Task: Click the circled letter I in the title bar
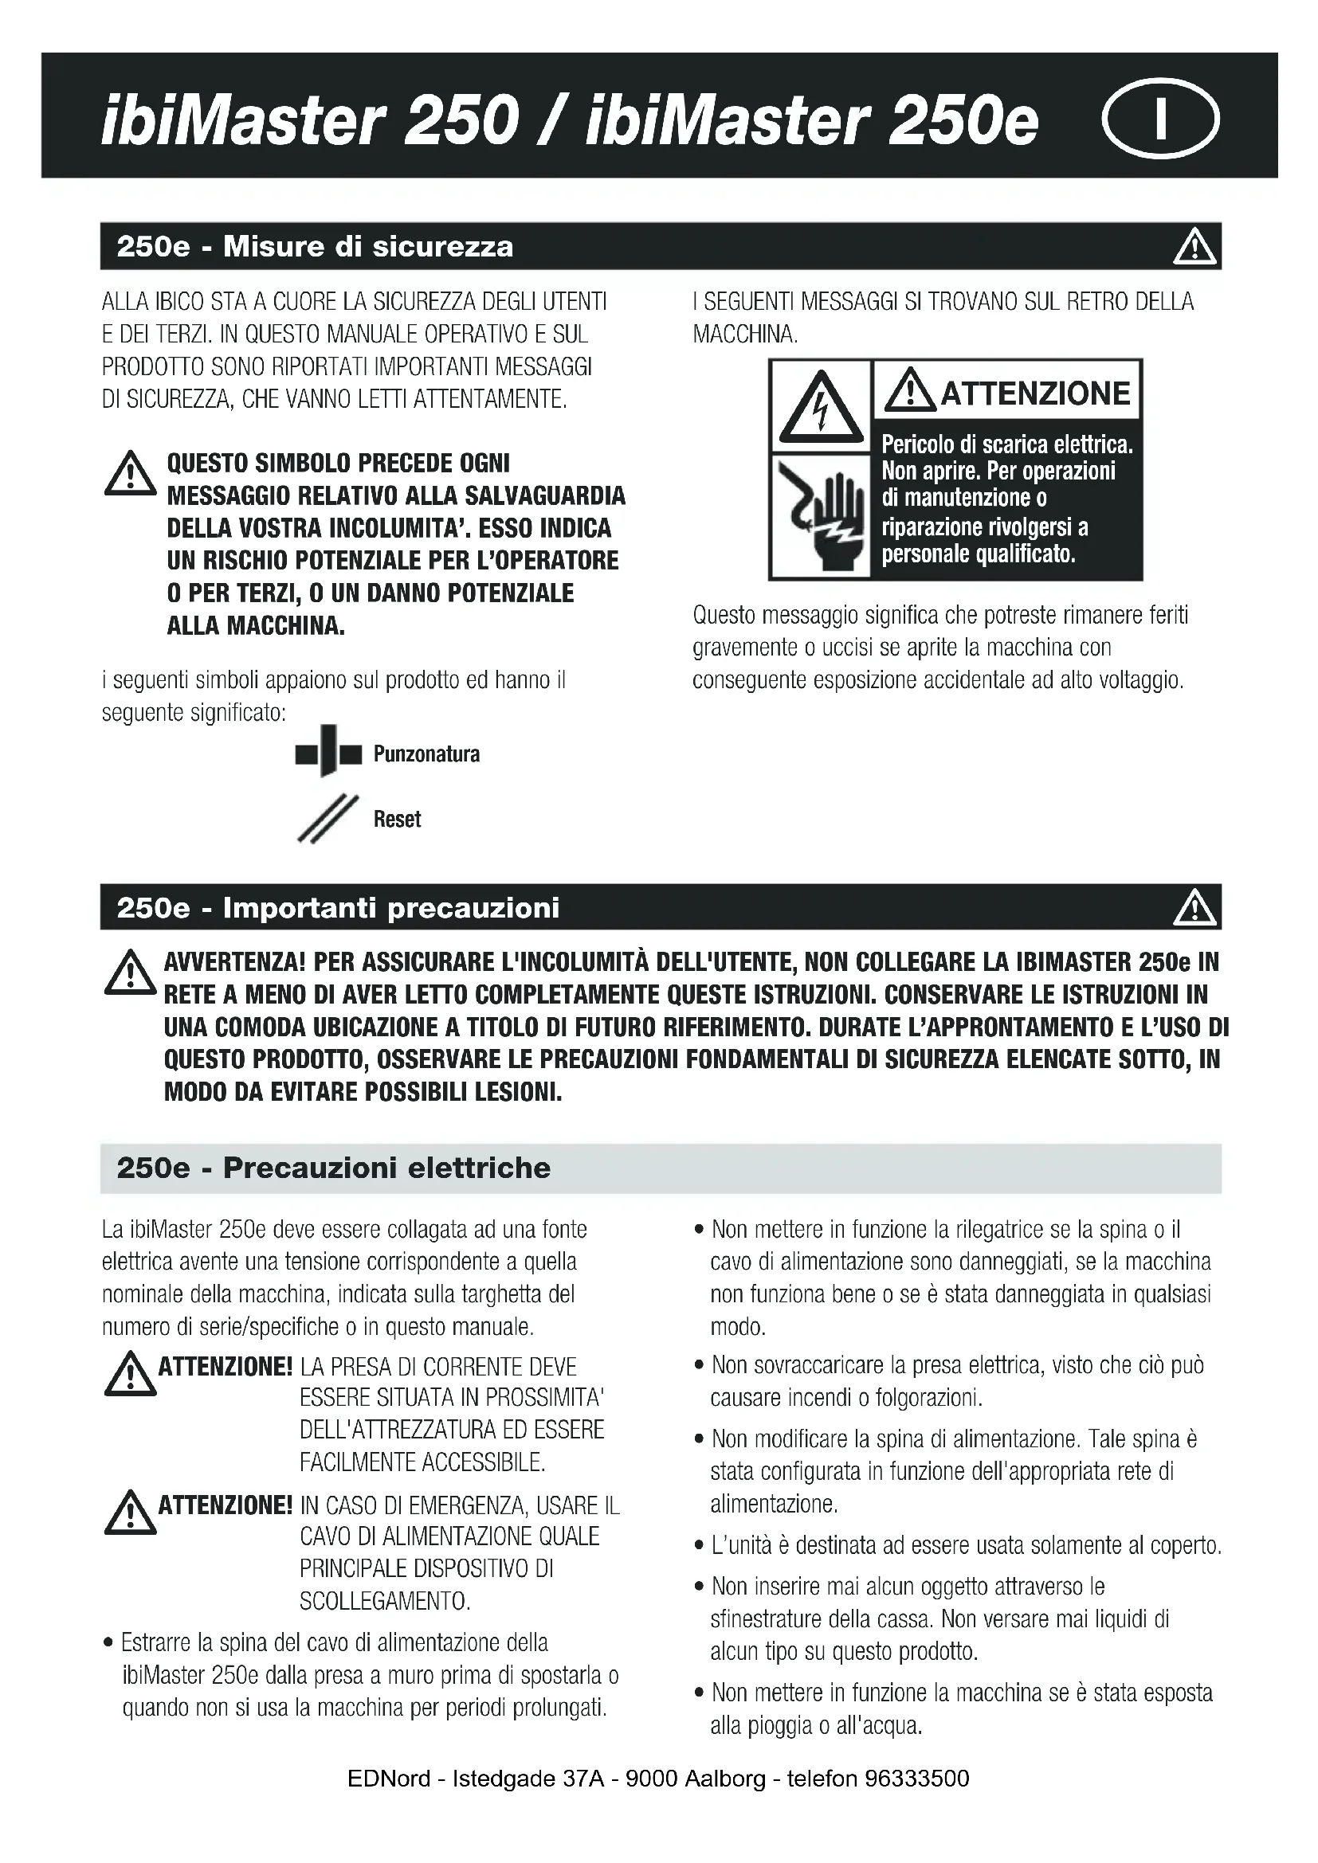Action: coord(1159,119)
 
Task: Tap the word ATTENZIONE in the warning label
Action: coord(1035,393)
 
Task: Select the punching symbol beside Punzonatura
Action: coord(328,750)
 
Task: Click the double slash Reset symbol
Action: coord(328,819)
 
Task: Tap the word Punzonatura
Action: coord(426,754)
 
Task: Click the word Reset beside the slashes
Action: coord(397,820)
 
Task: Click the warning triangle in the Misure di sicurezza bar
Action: coord(1194,248)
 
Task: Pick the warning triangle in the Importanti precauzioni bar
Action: coord(1194,908)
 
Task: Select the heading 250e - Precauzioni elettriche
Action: coord(333,1168)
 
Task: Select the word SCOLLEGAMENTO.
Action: coord(385,1602)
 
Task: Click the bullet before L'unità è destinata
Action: coord(699,1546)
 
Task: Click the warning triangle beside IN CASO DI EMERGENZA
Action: coord(130,1513)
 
